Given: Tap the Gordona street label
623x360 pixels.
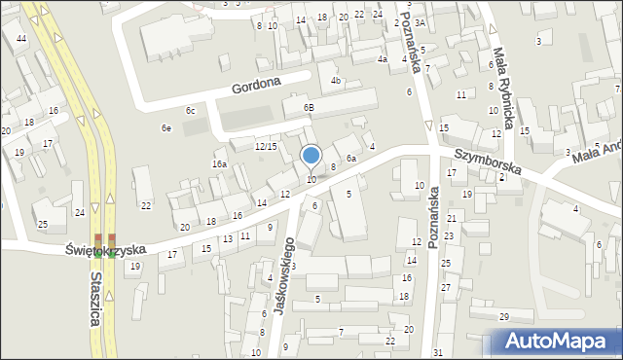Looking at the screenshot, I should [256, 86].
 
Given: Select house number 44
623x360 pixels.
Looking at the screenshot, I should [21, 38].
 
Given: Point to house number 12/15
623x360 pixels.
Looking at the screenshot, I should [266, 146].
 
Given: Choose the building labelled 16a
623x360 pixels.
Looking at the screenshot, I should [220, 164].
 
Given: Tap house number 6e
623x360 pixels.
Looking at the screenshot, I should [166, 128].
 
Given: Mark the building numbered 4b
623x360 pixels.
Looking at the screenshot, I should [335, 80].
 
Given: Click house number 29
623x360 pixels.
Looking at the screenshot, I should [504, 317].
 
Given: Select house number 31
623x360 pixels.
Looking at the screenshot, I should [438, 351].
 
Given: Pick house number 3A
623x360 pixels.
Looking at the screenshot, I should [420, 22].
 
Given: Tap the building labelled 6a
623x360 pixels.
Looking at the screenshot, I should [351, 158].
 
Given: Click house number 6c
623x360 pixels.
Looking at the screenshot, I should [191, 111].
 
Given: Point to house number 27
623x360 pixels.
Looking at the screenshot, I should [445, 288].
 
